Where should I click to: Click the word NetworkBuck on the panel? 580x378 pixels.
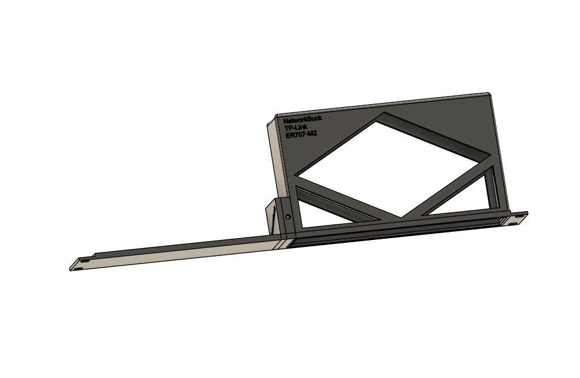[302, 119]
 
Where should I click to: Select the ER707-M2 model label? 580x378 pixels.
[301, 134]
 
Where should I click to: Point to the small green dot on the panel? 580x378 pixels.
[290, 180]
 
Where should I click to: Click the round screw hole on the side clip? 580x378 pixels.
[288, 217]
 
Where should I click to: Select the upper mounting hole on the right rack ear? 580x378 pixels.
[521, 215]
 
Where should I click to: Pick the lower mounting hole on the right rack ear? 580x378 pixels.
[513, 223]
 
